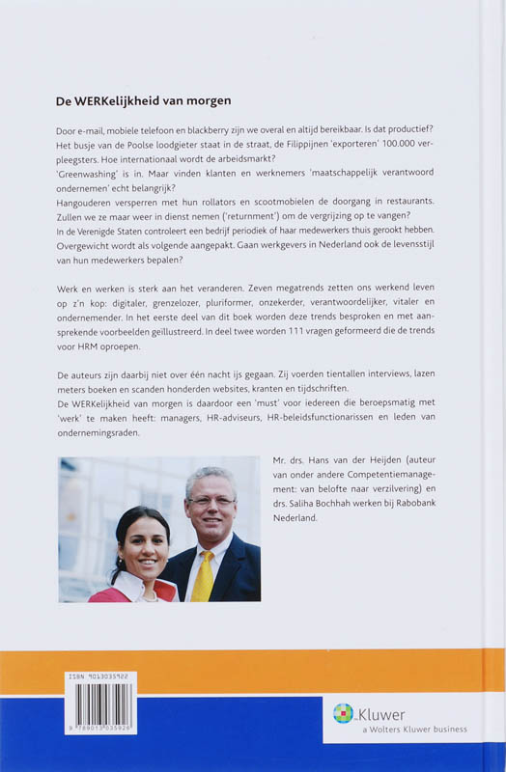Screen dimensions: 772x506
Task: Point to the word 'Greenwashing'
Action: [x=93, y=178]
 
